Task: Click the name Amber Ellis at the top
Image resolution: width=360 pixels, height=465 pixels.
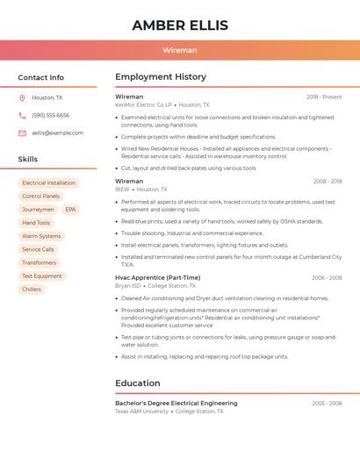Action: (180, 25)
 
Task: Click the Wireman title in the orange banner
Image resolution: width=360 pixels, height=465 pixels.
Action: (180, 50)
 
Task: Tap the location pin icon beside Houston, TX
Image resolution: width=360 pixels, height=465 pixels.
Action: (22, 98)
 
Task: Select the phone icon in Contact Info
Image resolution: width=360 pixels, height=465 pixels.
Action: (22, 115)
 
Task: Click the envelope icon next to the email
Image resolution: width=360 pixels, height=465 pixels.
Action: (22, 132)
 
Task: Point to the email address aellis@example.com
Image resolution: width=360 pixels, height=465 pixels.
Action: (57, 132)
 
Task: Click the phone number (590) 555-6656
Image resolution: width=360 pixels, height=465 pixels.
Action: (50, 115)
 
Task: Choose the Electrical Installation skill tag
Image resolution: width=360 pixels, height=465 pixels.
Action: (48, 183)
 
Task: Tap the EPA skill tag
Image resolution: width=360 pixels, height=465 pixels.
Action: (70, 210)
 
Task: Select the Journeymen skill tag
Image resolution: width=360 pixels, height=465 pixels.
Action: (38, 210)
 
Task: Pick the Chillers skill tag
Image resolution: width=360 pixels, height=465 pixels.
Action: (32, 289)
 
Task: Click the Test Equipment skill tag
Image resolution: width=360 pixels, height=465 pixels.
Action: (42, 275)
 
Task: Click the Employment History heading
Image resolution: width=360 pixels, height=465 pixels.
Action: (161, 77)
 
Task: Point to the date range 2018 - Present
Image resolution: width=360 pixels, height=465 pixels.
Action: (324, 97)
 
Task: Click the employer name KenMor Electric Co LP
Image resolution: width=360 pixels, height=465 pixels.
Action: (143, 104)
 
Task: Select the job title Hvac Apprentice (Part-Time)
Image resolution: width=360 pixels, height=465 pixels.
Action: (158, 277)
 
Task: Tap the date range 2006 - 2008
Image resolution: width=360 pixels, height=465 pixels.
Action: (327, 277)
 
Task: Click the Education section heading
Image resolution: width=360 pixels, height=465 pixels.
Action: (138, 383)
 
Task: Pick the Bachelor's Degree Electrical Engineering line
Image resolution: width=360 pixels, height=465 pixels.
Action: (176, 404)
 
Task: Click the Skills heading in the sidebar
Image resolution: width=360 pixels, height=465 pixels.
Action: (28, 160)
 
